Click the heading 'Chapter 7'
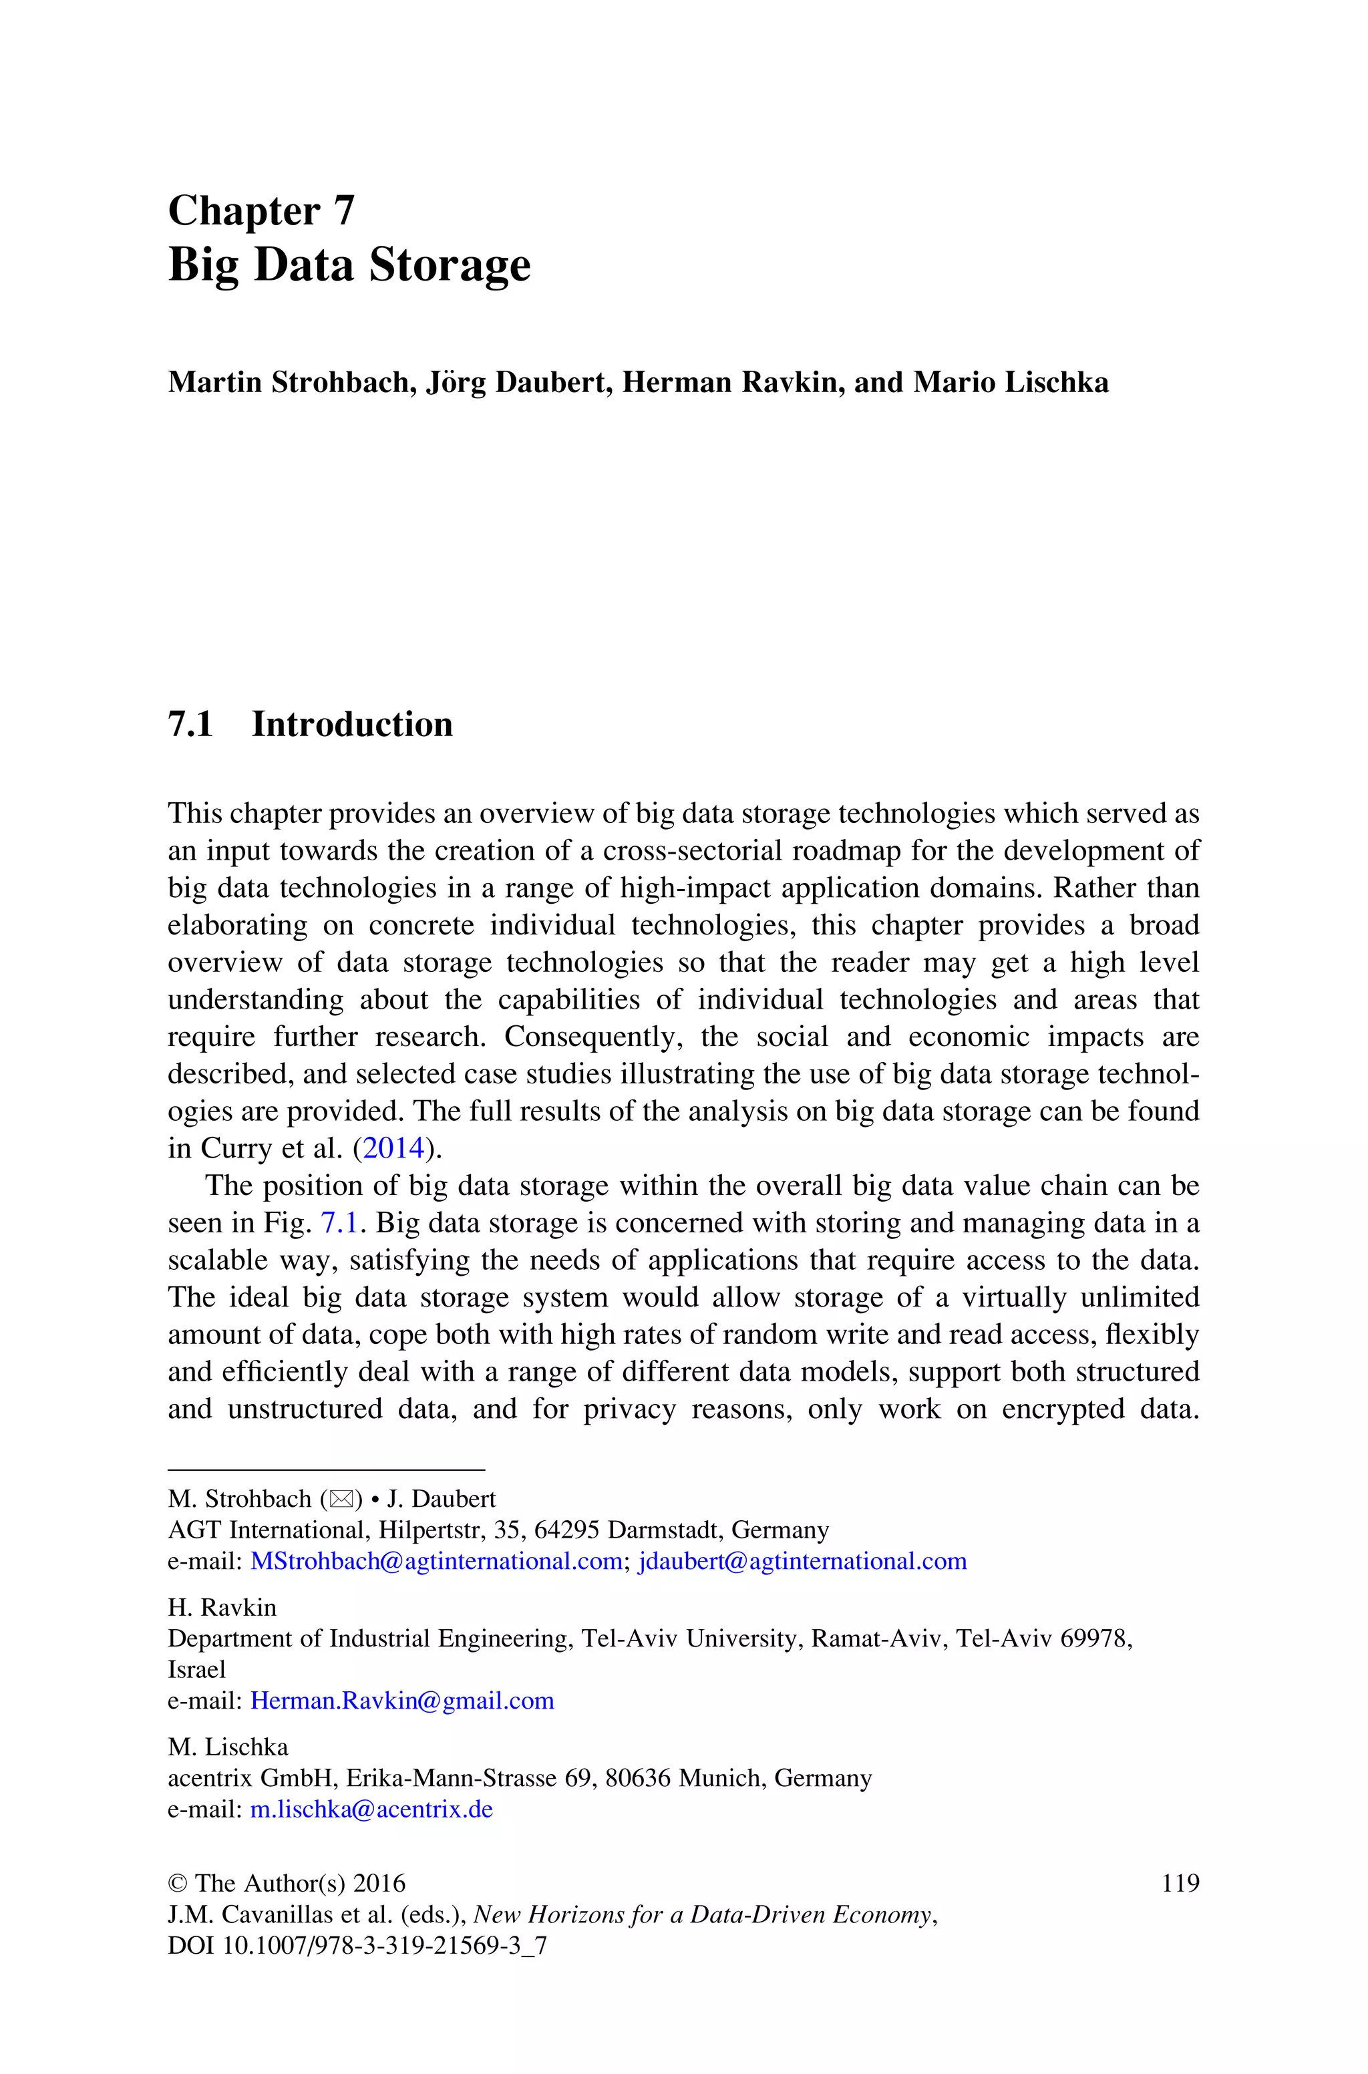point(261,211)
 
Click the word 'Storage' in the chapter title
point(450,265)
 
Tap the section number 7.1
point(190,725)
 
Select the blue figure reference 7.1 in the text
point(339,1223)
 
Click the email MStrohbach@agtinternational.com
point(436,1560)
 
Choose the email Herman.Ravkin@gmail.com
point(402,1700)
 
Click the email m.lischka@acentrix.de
point(371,1809)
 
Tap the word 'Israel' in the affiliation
point(196,1669)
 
